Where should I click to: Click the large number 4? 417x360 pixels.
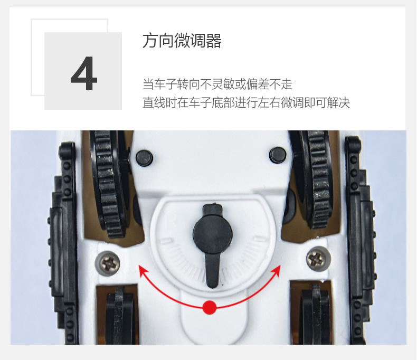tap(84, 74)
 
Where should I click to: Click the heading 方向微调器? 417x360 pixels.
tap(182, 41)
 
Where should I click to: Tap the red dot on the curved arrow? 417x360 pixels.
tap(210, 307)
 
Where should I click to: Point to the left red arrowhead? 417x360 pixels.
tap(143, 270)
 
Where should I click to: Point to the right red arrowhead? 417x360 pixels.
tap(276, 270)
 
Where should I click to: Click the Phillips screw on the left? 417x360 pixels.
tap(109, 263)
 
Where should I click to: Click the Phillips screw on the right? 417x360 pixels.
tap(317, 259)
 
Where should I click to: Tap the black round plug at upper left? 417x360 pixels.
tap(144, 158)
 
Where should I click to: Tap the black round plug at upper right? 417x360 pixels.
tap(278, 155)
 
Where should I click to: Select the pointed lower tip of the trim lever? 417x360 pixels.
tap(212, 287)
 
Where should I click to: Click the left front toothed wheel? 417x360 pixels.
tap(109, 184)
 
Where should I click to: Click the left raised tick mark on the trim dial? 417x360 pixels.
tap(166, 241)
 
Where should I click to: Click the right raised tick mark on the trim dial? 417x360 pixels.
tap(259, 238)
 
